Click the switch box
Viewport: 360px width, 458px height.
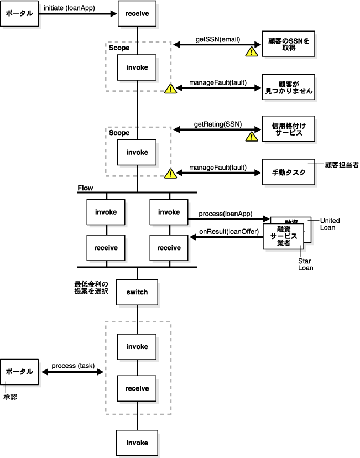(x=137, y=292)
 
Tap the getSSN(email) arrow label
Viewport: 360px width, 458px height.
(x=218, y=39)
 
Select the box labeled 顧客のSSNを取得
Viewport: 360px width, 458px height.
(x=289, y=44)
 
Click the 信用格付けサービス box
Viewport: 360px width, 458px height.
(x=289, y=129)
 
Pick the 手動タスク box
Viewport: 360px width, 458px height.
(x=289, y=172)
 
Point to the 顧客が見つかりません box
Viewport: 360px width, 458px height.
(x=289, y=87)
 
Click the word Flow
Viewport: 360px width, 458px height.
(x=85, y=188)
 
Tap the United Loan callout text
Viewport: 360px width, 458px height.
(x=330, y=224)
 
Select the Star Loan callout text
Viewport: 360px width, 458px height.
(x=305, y=264)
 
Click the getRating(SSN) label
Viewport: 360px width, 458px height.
(x=218, y=124)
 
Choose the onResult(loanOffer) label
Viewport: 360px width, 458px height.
(x=229, y=232)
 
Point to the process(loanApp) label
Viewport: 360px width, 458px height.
(x=226, y=214)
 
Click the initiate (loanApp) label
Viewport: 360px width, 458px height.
(x=69, y=8)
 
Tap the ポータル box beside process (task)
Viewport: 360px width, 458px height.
(x=19, y=372)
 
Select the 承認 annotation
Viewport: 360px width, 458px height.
(x=10, y=397)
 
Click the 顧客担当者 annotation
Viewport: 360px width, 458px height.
(x=342, y=165)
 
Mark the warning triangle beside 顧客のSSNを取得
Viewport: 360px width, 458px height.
(x=252, y=51)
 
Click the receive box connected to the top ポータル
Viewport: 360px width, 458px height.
(x=137, y=13)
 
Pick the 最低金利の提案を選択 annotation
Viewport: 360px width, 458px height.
(x=91, y=288)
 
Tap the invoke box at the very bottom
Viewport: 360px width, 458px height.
(x=137, y=443)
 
